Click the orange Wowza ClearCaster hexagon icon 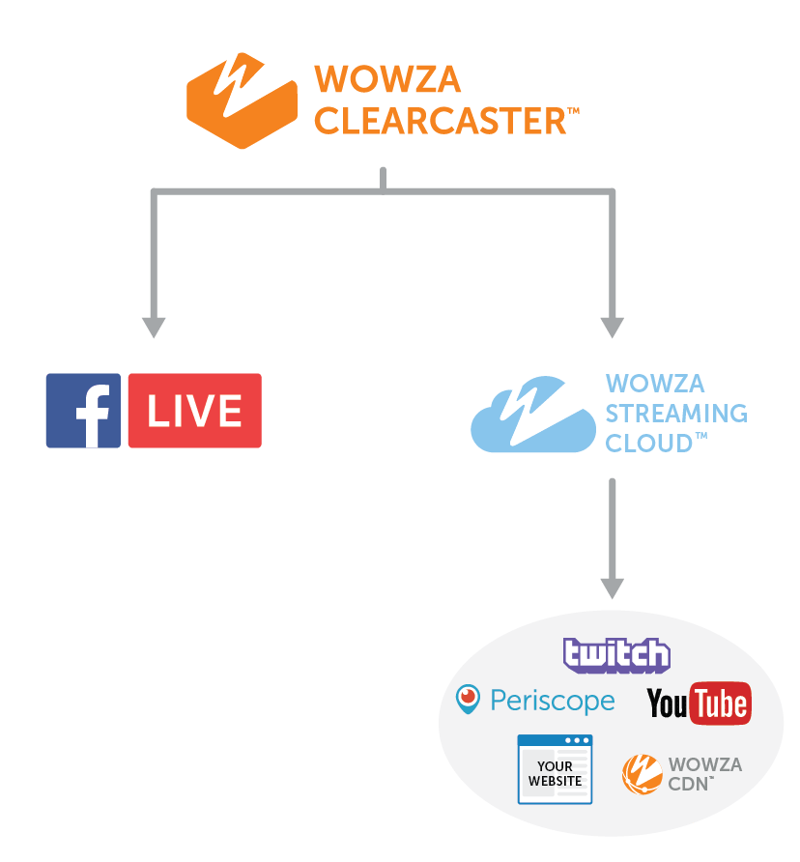[242, 101]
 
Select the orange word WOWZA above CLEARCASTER [374, 78]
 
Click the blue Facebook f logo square [84, 411]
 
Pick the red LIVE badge [194, 411]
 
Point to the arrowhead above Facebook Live [154, 327]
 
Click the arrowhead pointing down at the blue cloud [612, 327]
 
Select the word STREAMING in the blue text [675, 414]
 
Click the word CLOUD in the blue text [648, 443]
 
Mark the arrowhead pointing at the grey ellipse [612, 588]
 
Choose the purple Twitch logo [616, 655]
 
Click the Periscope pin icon [469, 700]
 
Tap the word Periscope [552, 701]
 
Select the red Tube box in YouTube [720, 704]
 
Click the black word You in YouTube [667, 704]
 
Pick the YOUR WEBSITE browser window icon [555, 769]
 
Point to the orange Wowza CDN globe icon [641, 773]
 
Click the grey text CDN [690, 783]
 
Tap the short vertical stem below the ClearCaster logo [384, 180]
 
